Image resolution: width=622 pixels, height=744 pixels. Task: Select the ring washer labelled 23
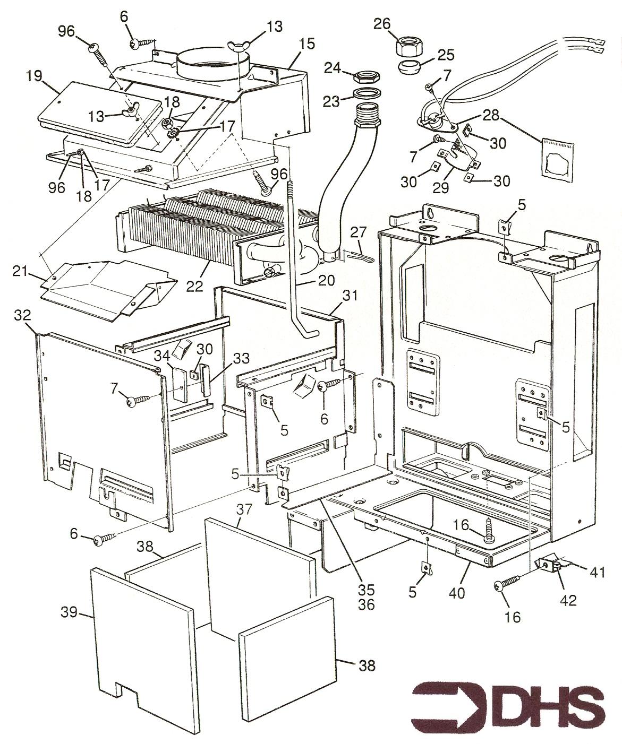[x=366, y=95]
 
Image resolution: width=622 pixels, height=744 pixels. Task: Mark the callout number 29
[x=440, y=187]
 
